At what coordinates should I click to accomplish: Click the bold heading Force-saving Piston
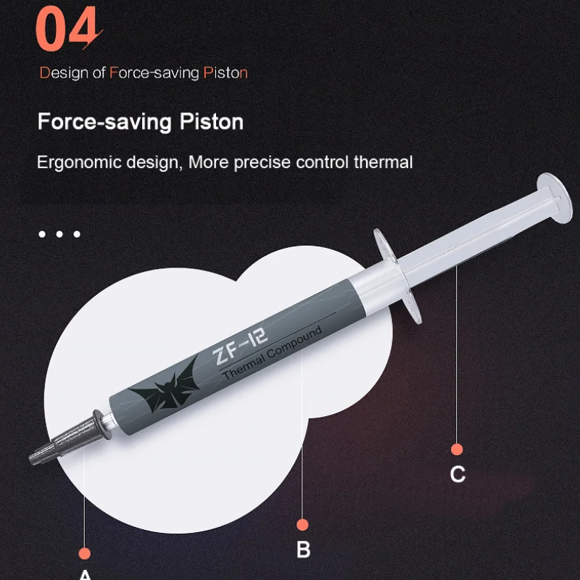tap(141, 121)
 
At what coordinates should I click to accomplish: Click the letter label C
tap(457, 474)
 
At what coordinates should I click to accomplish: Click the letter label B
tap(303, 550)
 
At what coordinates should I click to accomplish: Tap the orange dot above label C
tap(457, 449)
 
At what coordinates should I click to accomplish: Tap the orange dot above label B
tap(303, 524)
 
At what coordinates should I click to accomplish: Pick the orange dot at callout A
tap(84, 554)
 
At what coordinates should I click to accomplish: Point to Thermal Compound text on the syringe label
tap(272, 354)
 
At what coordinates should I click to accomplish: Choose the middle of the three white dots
tap(59, 234)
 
